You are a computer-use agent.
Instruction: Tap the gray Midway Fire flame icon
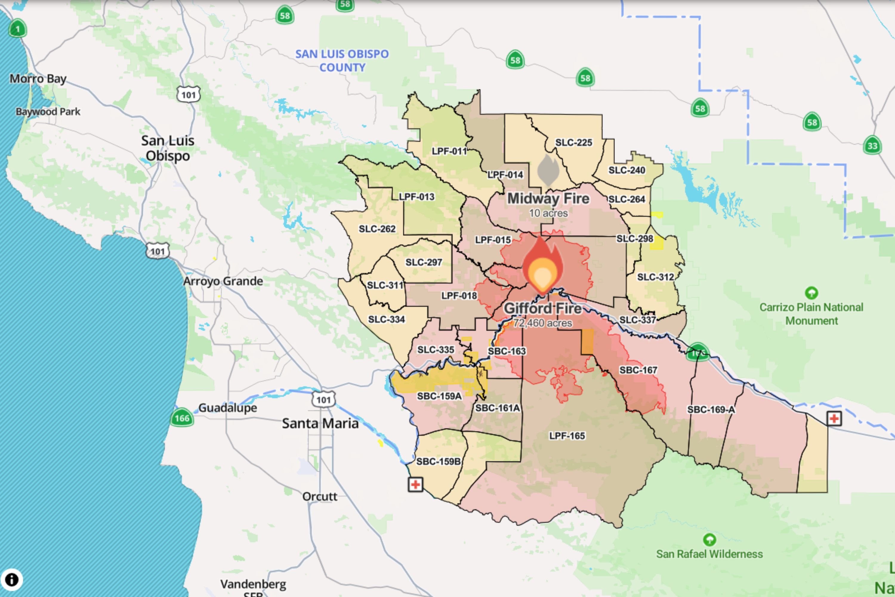(548, 170)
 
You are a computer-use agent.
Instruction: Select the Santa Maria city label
(320, 423)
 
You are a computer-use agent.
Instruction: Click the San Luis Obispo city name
(168, 148)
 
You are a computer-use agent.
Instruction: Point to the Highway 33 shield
(872, 145)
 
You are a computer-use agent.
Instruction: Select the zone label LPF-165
(567, 436)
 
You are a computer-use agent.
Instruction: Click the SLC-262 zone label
(377, 229)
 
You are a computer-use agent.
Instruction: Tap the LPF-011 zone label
(449, 151)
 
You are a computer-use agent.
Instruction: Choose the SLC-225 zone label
(573, 142)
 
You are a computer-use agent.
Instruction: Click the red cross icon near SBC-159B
(415, 485)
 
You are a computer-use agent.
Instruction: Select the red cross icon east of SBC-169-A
(834, 419)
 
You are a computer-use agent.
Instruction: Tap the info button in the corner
(11, 580)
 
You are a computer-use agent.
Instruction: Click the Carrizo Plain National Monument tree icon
(811, 293)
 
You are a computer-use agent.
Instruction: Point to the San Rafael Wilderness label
(709, 554)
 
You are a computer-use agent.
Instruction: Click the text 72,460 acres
(542, 323)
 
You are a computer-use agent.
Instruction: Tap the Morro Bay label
(38, 79)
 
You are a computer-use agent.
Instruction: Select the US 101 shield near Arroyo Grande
(158, 251)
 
